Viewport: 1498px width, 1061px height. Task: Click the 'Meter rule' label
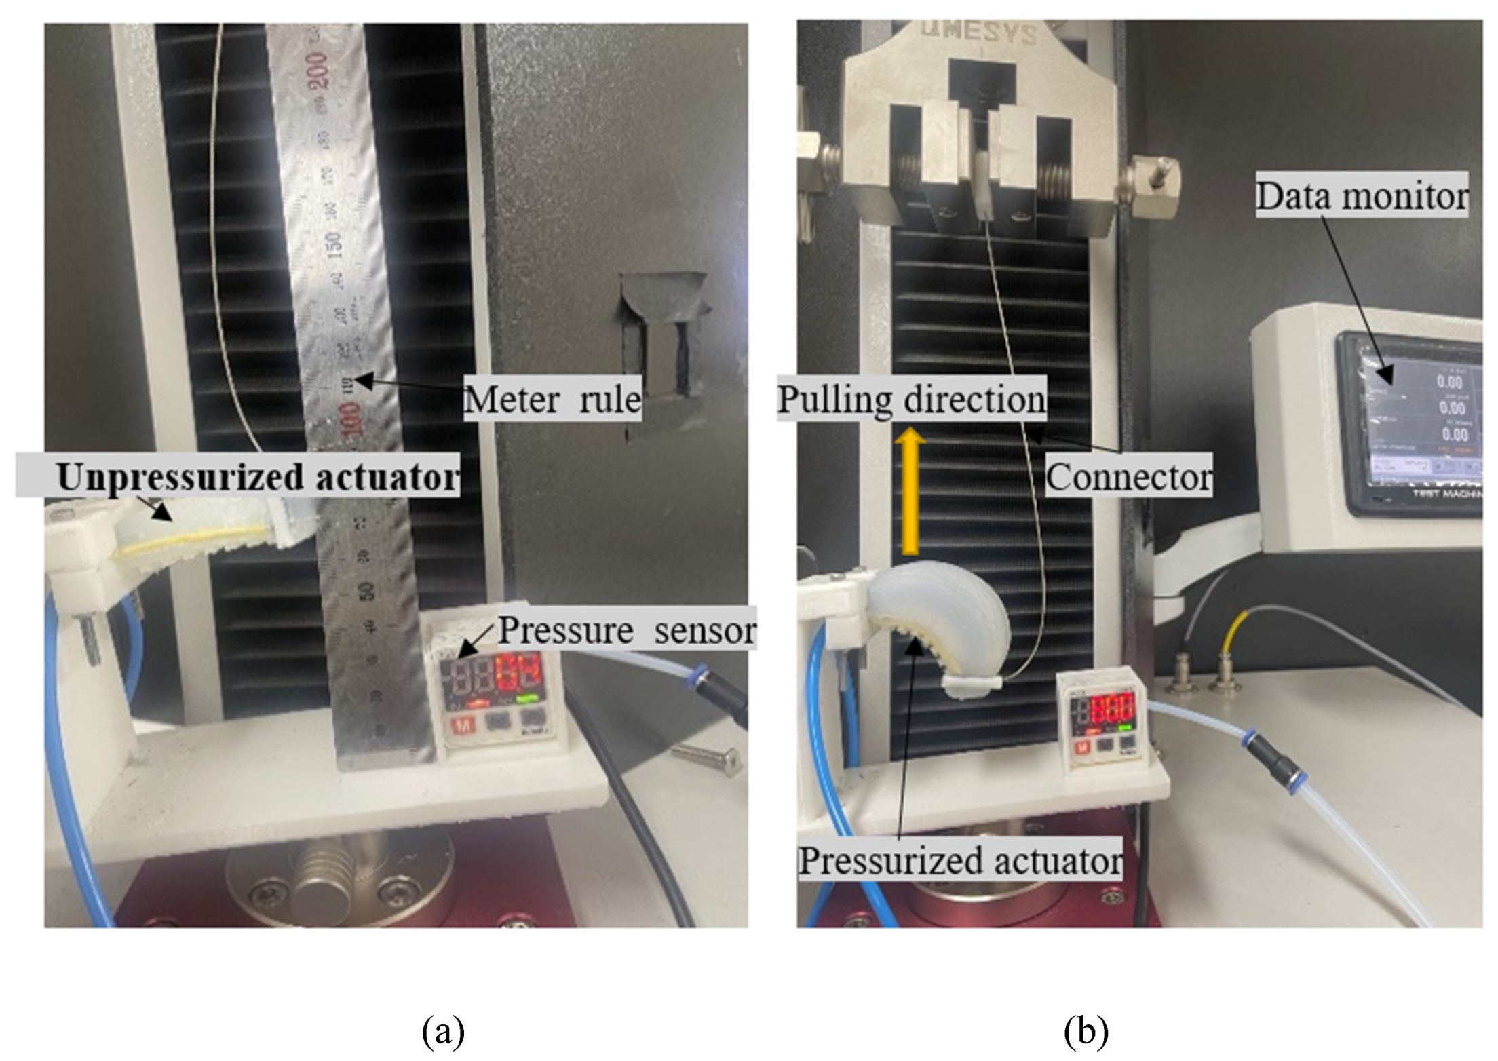552,399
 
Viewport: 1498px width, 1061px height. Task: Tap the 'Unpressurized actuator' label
258,477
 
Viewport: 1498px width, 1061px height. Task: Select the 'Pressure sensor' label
626,630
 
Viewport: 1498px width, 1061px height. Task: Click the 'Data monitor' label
1362,195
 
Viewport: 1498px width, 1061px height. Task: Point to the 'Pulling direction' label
911,399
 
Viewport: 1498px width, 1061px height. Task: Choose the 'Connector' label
1128,478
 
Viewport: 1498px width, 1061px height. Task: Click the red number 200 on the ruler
318,70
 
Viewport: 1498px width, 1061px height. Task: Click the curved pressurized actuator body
950,624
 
